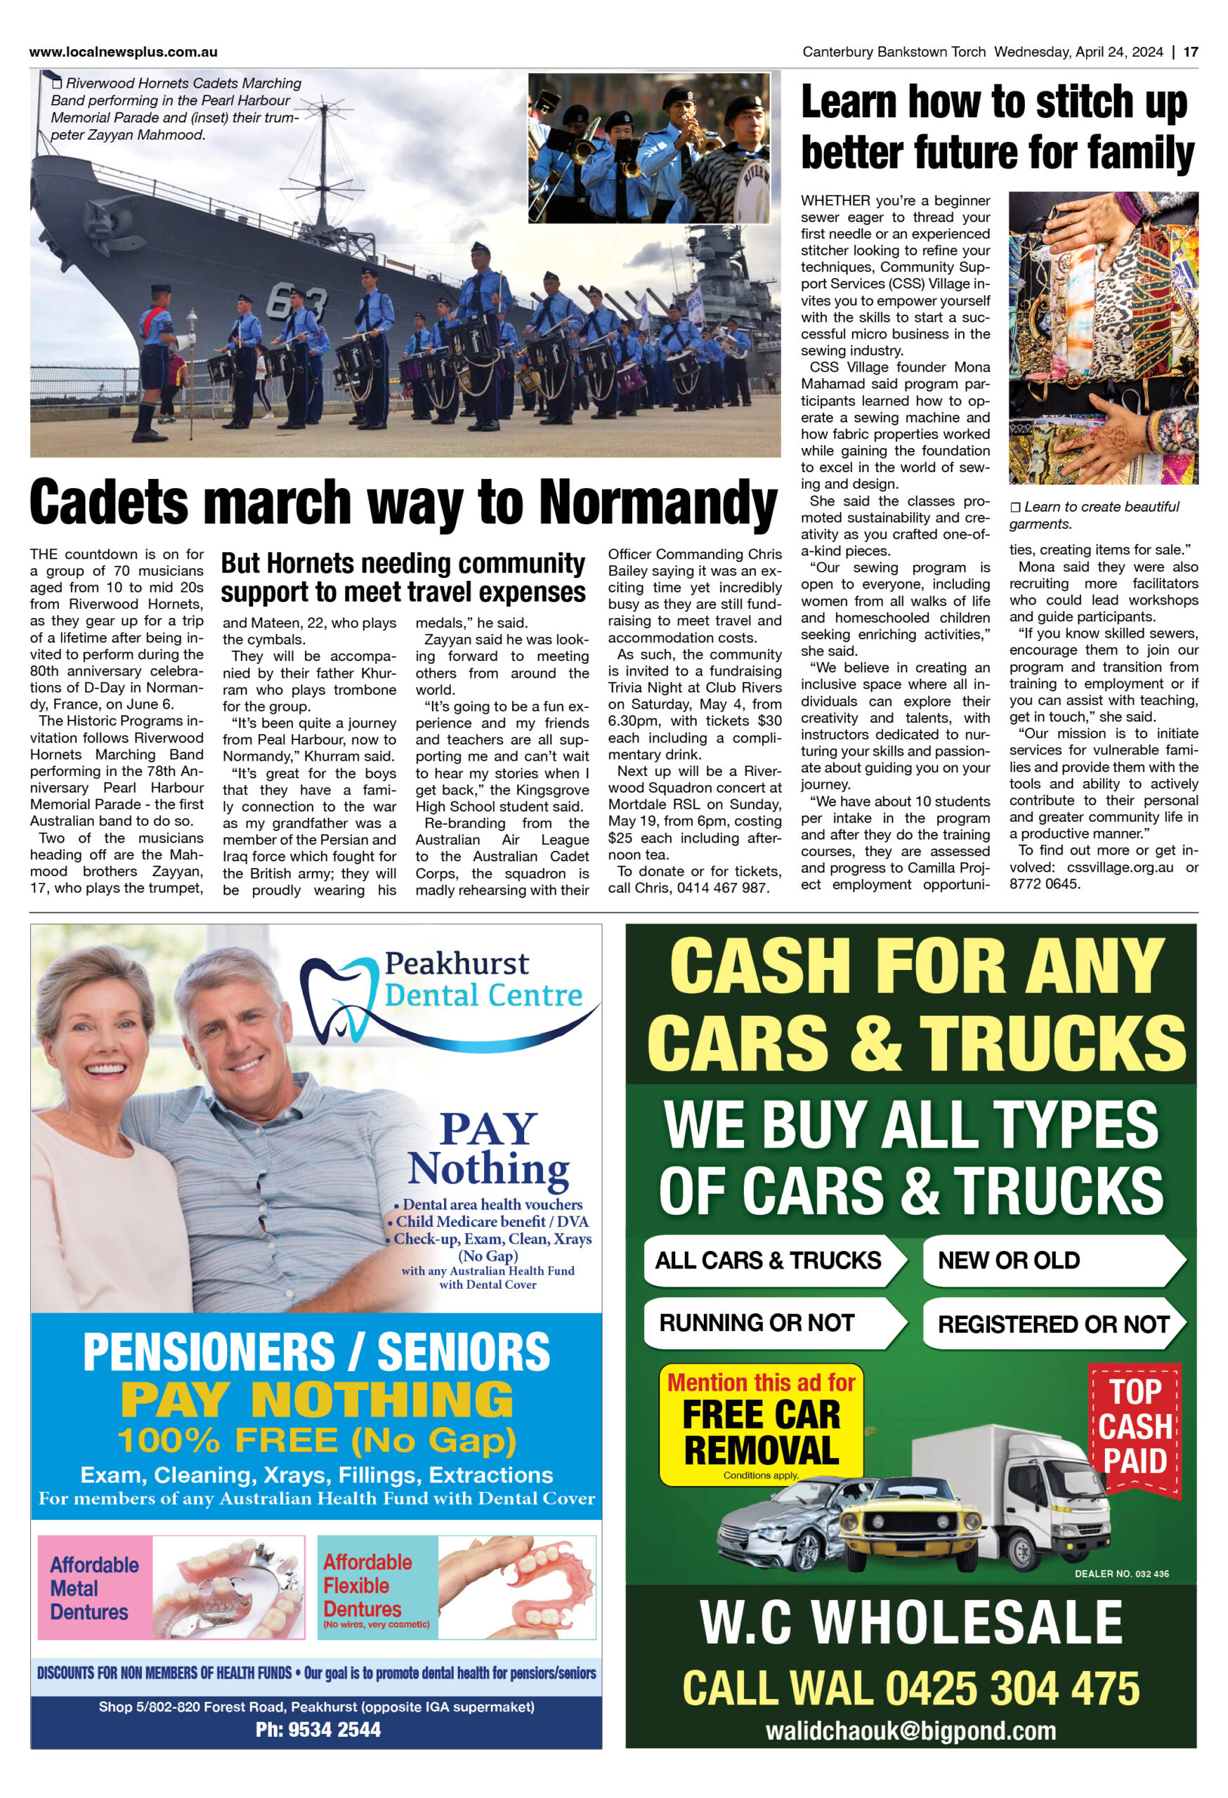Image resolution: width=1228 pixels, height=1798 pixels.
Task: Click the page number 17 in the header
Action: click(1190, 52)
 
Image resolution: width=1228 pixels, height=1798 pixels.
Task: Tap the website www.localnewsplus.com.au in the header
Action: click(123, 52)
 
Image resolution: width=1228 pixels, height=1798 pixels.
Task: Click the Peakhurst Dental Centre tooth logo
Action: click(341, 997)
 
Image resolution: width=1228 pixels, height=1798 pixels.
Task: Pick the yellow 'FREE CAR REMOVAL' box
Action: click(761, 1424)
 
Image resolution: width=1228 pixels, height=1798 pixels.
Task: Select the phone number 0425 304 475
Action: click(1013, 1688)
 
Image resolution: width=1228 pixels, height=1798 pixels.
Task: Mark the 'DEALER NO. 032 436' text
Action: click(1121, 1574)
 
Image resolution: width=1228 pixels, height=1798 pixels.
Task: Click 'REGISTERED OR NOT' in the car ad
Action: click(1052, 1324)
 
